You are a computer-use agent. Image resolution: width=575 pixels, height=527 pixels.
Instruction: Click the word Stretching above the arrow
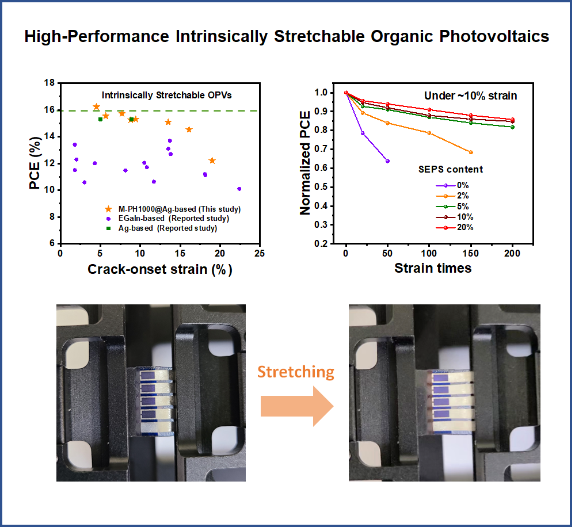click(x=295, y=372)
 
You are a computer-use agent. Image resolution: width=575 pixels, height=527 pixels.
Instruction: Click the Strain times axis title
click(x=432, y=268)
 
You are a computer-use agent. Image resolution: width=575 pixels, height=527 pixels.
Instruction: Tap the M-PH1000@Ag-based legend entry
click(x=170, y=208)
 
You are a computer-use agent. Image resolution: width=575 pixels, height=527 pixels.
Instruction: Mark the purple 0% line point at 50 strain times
click(x=387, y=161)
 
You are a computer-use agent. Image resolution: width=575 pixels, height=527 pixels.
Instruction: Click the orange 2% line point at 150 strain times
click(x=471, y=152)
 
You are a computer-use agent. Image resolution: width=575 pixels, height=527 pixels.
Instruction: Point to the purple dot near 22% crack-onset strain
click(x=239, y=189)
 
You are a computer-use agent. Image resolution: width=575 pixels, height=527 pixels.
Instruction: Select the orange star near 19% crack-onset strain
click(x=212, y=161)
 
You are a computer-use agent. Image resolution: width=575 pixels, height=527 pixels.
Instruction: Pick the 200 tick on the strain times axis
click(x=512, y=254)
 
